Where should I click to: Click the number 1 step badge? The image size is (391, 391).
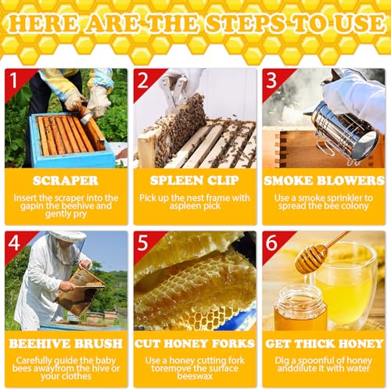[13, 78]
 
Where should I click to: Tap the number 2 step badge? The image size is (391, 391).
[142, 78]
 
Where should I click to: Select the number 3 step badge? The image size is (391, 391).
[271, 78]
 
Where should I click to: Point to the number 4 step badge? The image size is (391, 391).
[13, 241]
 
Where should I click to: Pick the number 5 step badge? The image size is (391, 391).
[142, 241]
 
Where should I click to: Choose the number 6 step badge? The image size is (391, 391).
[271, 241]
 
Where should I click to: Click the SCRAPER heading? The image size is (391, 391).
[66, 180]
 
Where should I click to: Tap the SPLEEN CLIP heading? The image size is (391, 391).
[195, 180]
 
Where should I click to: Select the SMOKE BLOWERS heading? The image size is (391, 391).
[323, 180]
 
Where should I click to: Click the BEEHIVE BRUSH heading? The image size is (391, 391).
[66, 343]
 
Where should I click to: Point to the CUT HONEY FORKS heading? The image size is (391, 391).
[195, 343]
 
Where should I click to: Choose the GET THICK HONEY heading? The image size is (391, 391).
[323, 343]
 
